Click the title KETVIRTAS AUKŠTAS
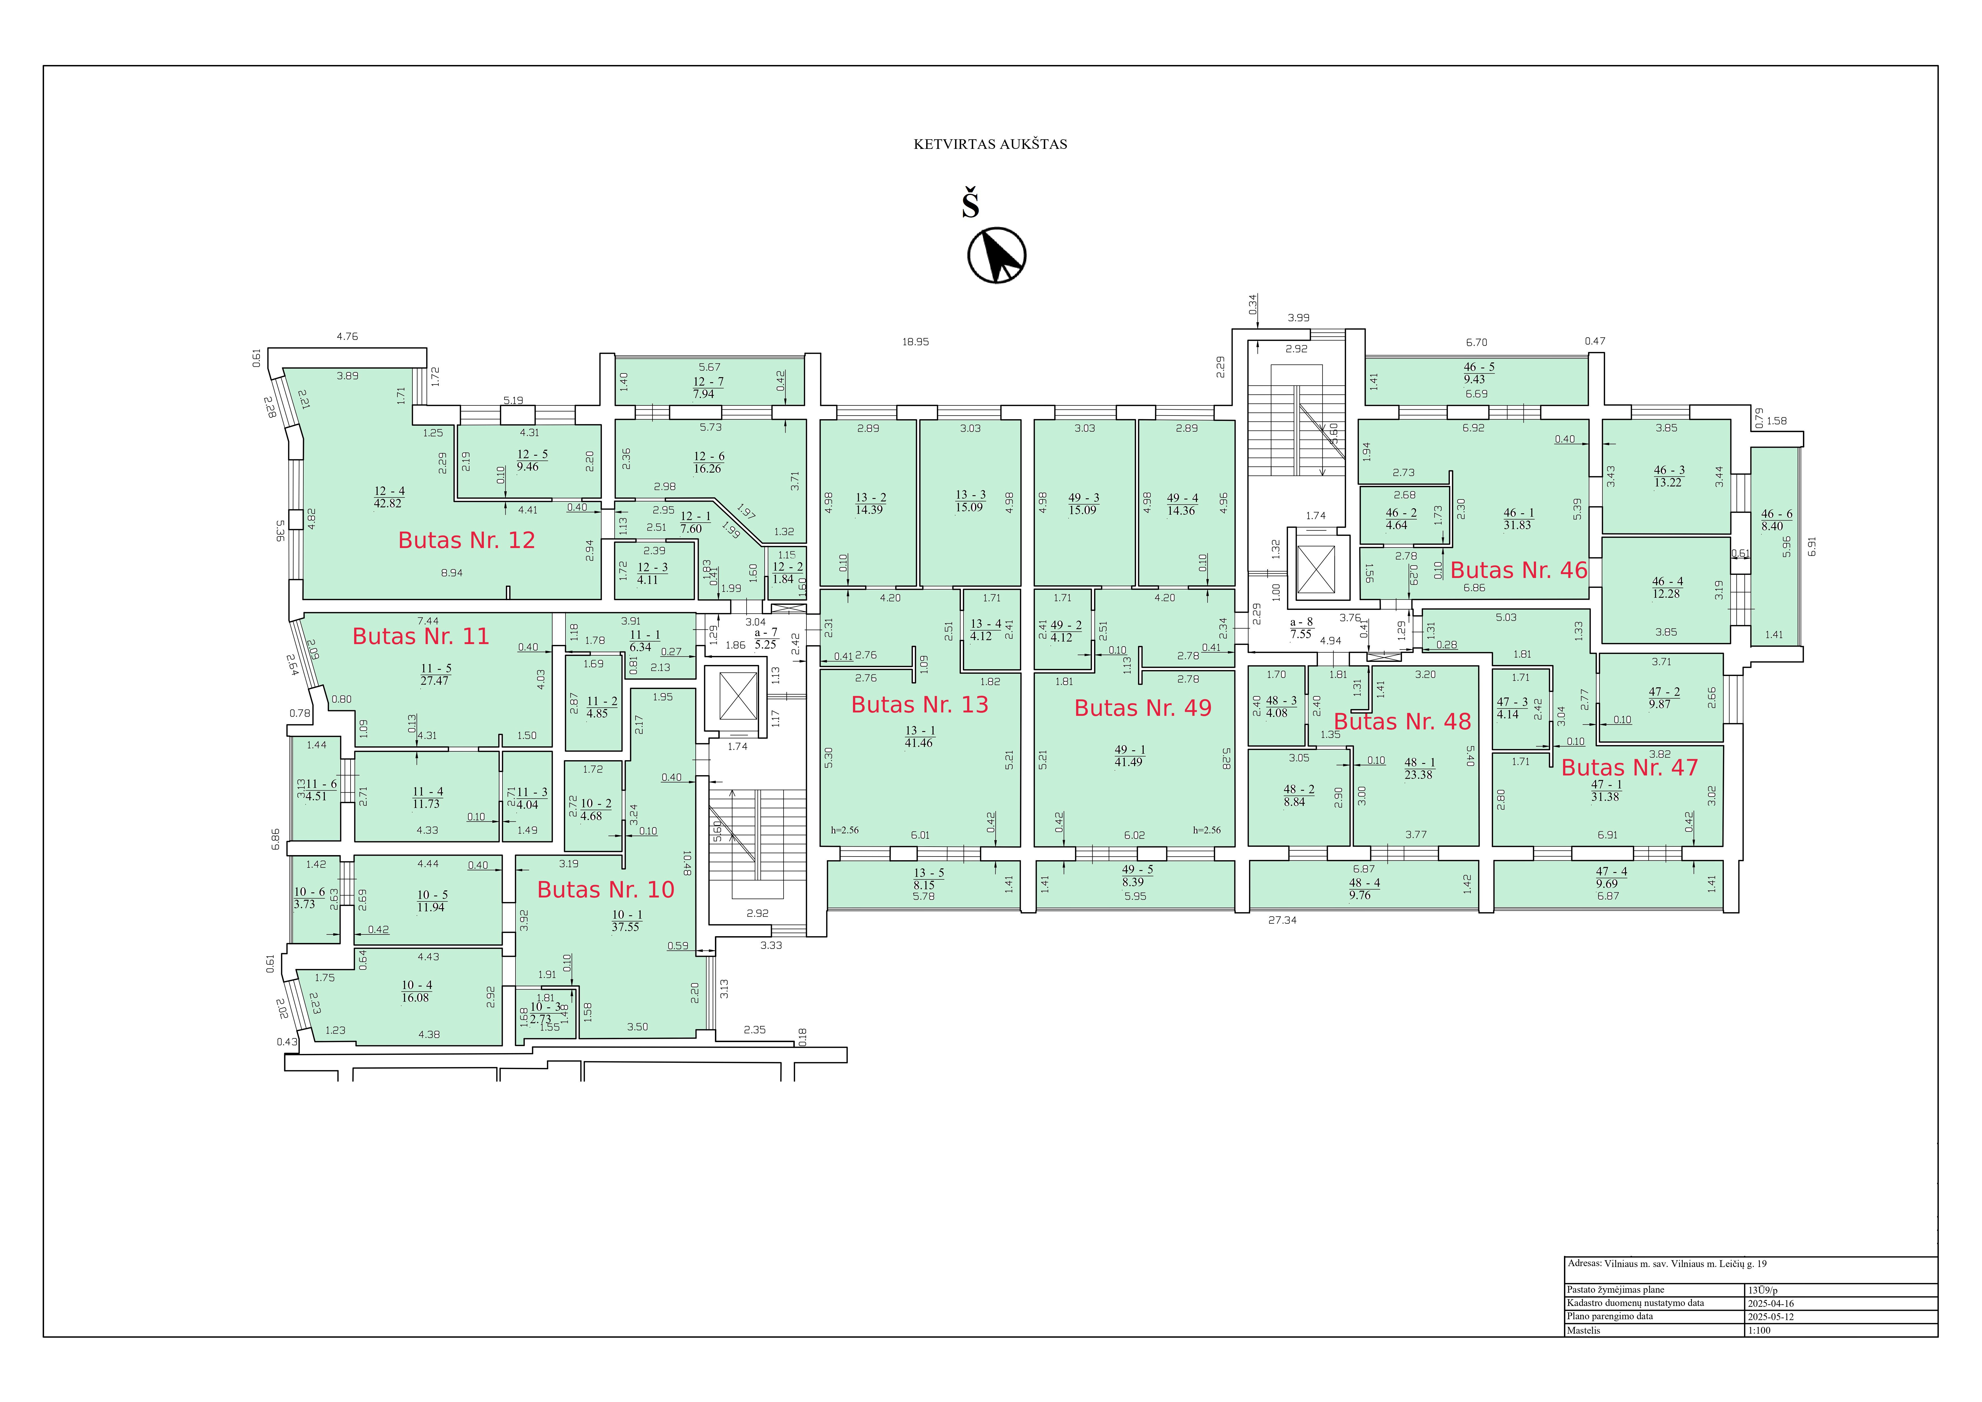coord(990,144)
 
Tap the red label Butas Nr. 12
coord(466,540)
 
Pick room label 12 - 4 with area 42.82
coord(389,497)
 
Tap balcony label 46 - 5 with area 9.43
coord(1479,373)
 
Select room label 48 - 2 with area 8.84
coord(1298,795)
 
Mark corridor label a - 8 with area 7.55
coord(1301,628)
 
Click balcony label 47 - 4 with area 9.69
coord(1611,877)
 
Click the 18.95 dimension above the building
coord(915,342)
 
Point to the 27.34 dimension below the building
coord(1282,920)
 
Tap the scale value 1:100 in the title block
coord(1758,1330)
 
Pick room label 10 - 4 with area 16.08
coord(416,991)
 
